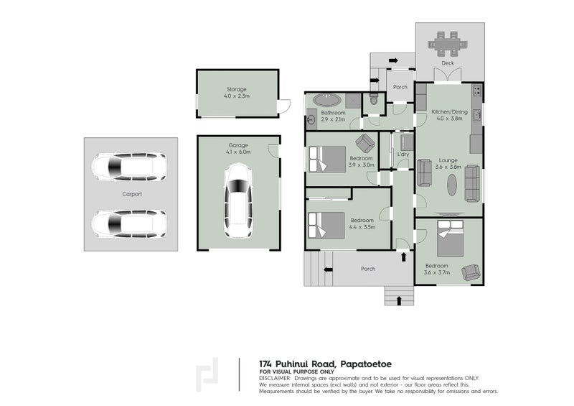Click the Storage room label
point(237,89)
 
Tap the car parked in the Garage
point(238,200)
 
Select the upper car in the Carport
point(129,167)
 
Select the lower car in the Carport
point(129,223)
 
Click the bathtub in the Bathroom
point(327,100)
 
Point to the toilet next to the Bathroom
point(373,100)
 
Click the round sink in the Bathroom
point(311,119)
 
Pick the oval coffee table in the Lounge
point(452,185)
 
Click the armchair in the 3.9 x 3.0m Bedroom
point(365,143)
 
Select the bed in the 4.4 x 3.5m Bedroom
point(326,226)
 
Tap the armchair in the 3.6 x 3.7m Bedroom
point(471,272)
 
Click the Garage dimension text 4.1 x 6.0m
point(238,152)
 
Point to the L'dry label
point(403,154)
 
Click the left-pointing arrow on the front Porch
point(329,269)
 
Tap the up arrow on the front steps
point(399,301)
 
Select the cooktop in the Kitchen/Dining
point(477,91)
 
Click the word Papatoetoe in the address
point(366,364)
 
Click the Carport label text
point(132,195)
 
